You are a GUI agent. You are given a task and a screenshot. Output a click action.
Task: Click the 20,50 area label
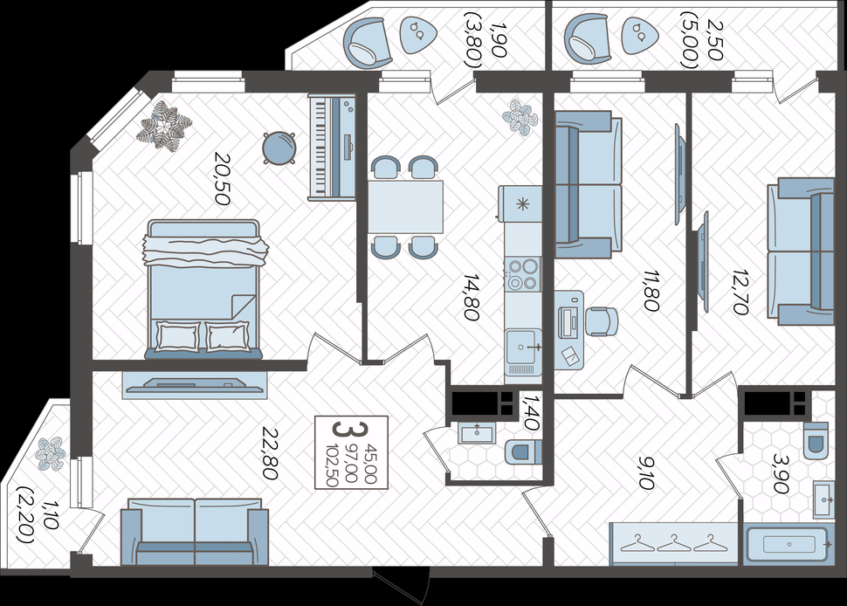pos(223,179)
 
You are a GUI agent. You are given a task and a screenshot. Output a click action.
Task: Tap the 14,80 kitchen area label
pos(472,297)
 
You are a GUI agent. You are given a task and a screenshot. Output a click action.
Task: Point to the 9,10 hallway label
pos(646,472)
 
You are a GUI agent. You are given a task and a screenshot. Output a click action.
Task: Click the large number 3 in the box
pos(343,430)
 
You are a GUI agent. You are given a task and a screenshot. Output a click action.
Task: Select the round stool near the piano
pos(279,147)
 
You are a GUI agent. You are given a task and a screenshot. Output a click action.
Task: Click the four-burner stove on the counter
pos(522,274)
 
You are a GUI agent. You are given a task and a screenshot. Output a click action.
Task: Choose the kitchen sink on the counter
pos(523,346)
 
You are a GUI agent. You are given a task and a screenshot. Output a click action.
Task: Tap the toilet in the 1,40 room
pos(523,451)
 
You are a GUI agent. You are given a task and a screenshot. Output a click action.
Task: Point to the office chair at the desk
pos(602,321)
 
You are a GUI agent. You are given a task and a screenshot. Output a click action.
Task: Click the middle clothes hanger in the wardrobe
pos(674,543)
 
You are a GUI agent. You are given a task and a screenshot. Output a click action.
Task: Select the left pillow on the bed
pos(178,336)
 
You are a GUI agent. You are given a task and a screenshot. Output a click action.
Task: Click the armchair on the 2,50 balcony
pos(588,38)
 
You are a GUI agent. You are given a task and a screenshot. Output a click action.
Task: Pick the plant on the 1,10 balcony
pos(51,454)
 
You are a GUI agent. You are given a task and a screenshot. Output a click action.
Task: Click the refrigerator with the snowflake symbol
pos(520,203)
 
